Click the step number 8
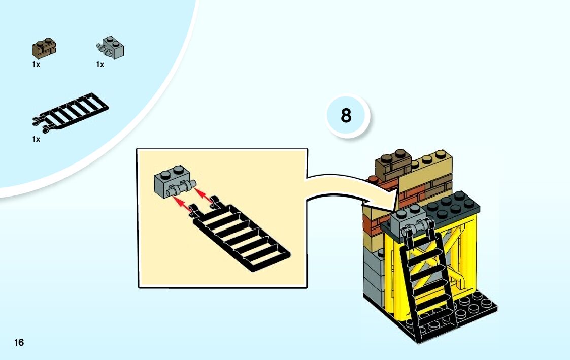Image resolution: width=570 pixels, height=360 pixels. click(x=346, y=116)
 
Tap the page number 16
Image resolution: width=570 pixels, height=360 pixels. click(x=19, y=342)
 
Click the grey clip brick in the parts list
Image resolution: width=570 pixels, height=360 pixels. click(x=111, y=48)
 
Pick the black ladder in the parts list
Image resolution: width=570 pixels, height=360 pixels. click(x=71, y=110)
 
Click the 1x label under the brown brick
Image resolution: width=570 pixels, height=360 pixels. click(x=36, y=64)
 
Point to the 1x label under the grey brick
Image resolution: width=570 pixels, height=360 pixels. click(x=100, y=64)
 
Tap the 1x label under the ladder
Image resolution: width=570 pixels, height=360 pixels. click(x=36, y=139)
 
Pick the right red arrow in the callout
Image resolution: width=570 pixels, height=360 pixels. click(x=204, y=194)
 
